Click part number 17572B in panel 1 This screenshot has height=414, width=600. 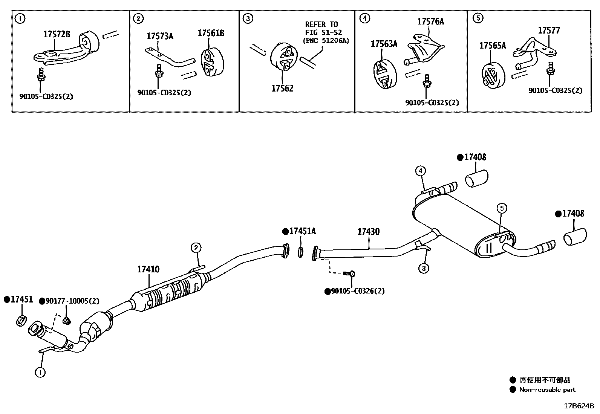pos(57,35)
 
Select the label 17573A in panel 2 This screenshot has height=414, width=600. pos(160,37)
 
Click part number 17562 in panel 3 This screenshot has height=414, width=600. pos(282,89)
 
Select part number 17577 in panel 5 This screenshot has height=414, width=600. pos(549,31)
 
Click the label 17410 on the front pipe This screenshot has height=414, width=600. pos(148,269)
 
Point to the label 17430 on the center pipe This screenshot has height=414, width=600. pos(369,231)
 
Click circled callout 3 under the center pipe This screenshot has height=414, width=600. pos(424,268)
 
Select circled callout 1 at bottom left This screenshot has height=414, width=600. pos(40,372)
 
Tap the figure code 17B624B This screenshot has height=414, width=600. pos(579,406)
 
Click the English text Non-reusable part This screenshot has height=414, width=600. pos(547,390)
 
